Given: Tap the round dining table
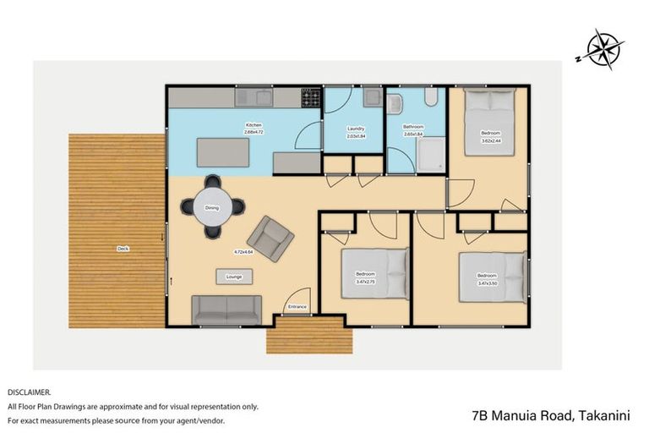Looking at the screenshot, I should point(212,207).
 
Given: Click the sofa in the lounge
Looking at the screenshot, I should point(226,310).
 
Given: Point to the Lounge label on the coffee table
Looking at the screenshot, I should point(234,277).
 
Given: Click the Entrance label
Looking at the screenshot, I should point(297,306).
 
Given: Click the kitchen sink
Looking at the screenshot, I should point(262,99).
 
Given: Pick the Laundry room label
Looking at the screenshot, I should point(356,129).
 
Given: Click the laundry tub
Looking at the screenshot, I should point(373,98).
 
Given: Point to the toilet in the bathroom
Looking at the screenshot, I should point(431,101).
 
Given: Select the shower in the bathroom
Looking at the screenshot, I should point(431,154).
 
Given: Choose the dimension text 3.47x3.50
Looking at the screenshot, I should point(488,283).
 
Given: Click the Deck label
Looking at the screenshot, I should point(123,248).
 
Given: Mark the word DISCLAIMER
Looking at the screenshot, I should point(29,392).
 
